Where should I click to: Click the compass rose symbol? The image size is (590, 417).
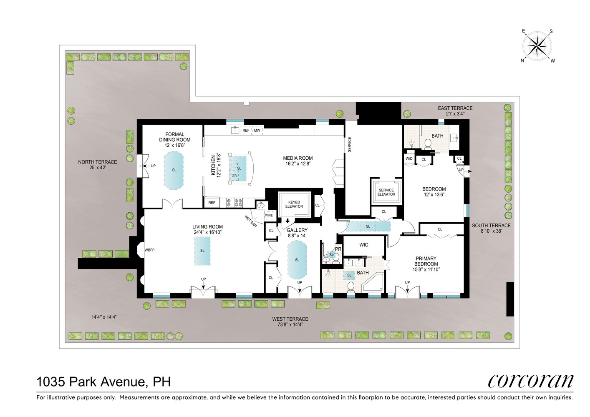pos(537,45)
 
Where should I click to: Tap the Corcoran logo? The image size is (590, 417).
pos(530,381)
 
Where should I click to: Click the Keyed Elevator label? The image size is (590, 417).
pos(294,204)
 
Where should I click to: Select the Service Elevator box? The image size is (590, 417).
pos(386,192)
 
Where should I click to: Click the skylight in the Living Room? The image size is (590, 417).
pos(202,251)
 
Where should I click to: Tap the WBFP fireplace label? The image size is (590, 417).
pos(149,250)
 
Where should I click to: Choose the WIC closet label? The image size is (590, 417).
pos(364,245)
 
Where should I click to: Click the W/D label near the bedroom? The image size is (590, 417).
pos(409,159)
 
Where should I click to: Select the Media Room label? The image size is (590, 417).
pos(298,158)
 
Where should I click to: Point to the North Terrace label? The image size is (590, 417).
pos(98,162)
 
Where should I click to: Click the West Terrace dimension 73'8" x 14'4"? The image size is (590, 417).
pos(290,324)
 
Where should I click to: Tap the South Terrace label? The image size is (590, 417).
pos(491,226)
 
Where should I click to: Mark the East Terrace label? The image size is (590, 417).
pos(455,108)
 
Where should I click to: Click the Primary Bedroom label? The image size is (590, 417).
pos(426,261)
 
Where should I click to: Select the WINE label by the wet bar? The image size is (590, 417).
pos(269,216)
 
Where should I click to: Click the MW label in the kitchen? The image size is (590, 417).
pos(257,131)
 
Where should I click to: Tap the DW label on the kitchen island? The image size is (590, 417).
pos(234,176)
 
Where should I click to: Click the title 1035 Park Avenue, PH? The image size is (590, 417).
pos(103,382)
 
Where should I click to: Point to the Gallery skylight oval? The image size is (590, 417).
pos(297,260)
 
